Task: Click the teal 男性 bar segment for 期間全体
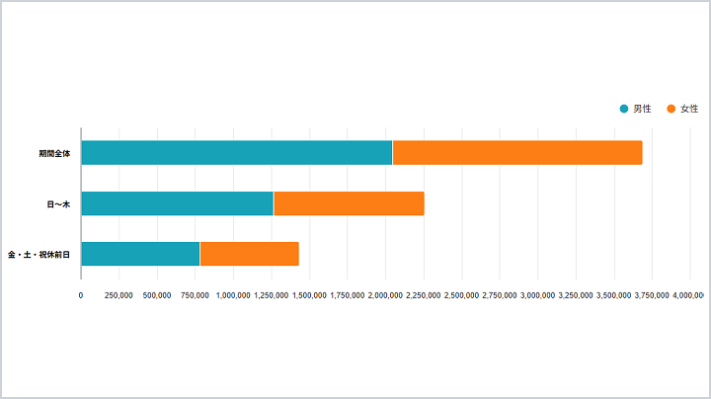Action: [236, 153]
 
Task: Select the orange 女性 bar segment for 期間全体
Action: [517, 153]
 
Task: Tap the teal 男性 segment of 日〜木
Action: [177, 203]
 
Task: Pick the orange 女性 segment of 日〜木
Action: [349, 203]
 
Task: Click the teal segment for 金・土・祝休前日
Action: [140, 254]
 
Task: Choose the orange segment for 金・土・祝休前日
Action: [249, 254]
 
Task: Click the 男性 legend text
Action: [642, 108]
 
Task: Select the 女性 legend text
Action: [690, 108]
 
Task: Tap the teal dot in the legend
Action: [624, 108]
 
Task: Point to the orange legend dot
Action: [671, 108]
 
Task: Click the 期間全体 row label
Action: [54, 153]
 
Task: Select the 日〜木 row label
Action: [58, 203]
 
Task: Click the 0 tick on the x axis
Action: [81, 294]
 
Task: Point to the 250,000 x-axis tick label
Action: [118, 294]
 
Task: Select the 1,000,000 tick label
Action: [233, 294]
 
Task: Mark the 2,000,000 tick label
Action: [385, 294]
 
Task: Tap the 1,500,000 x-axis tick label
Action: [309, 294]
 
